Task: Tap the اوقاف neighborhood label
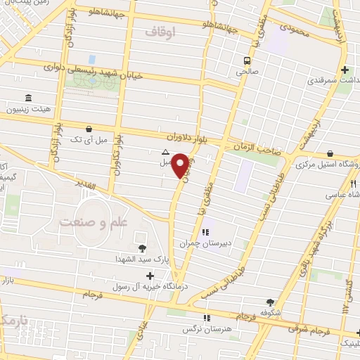tap(159, 32)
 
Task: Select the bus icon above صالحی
tap(247, 60)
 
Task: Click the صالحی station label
tap(247, 72)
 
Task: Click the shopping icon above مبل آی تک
tap(89, 129)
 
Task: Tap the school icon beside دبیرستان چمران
tap(205, 232)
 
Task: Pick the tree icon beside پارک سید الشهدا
tap(143, 248)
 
